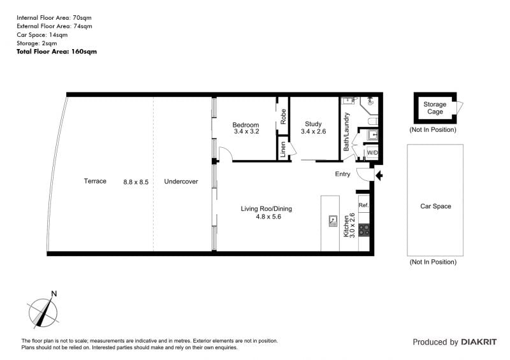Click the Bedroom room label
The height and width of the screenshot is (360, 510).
(x=245, y=125)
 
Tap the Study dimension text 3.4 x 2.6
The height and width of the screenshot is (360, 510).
(x=313, y=131)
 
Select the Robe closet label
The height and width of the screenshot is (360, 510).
(x=283, y=117)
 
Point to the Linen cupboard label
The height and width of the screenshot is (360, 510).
(x=282, y=149)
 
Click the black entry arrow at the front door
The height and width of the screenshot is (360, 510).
(x=379, y=176)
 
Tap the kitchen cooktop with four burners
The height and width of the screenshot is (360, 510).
(x=364, y=230)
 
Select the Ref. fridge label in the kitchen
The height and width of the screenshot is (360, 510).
(x=363, y=205)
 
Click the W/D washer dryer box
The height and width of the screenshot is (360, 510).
(x=372, y=152)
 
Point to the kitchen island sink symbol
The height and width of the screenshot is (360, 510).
(x=333, y=221)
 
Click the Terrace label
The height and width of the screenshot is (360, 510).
(x=95, y=181)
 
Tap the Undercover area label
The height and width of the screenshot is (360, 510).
(x=181, y=182)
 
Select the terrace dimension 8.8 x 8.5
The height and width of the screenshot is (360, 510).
(x=136, y=182)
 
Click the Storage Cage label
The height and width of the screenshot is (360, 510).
(x=435, y=108)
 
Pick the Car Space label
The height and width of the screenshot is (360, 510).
(x=435, y=206)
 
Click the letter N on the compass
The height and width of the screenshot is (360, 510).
(x=54, y=294)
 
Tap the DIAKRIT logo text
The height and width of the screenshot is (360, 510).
(x=479, y=342)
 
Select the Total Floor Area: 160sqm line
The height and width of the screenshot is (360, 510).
(x=57, y=52)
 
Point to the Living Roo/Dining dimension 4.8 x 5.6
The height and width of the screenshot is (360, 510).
(x=268, y=217)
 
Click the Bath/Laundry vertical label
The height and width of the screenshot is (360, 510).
(x=346, y=132)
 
